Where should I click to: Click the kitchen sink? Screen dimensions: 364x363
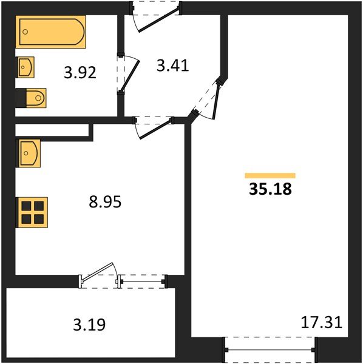(29, 152)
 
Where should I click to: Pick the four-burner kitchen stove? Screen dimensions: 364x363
(30, 212)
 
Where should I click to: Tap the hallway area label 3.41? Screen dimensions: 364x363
(173, 66)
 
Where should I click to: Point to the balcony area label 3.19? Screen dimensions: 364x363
(89, 325)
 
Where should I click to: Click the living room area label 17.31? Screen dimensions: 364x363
(322, 322)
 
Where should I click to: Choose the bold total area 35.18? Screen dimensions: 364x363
(270, 189)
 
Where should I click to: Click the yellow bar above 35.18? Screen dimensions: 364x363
(270, 175)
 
